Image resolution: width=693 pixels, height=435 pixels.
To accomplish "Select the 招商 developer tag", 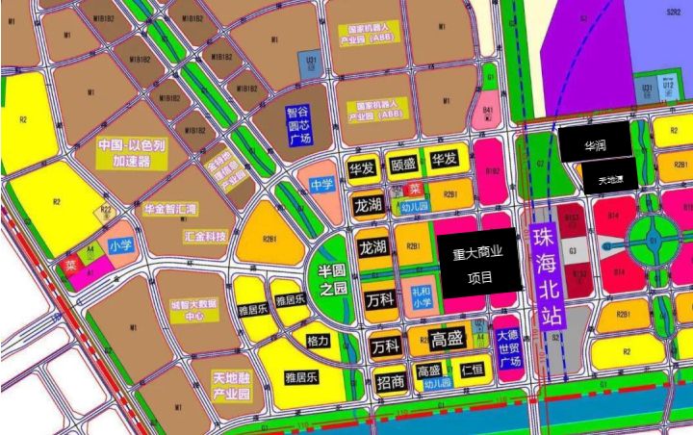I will coord(391,380).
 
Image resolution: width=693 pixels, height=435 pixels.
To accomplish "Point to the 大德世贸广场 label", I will coord(509,347).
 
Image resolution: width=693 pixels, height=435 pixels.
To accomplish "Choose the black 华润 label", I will coord(595,148).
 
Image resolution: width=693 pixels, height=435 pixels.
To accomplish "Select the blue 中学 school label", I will coord(321,184).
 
